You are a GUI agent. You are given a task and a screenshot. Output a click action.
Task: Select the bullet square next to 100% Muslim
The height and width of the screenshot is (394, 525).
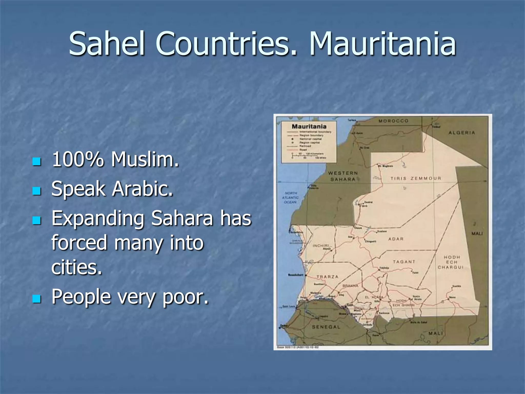tap(37, 161)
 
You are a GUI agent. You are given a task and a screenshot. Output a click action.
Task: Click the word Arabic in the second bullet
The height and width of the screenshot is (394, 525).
tap(143, 189)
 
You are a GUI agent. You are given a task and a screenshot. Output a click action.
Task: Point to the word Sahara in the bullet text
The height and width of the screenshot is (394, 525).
tap(182, 219)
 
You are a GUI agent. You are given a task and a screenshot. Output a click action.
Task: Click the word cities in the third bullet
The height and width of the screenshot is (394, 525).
tap(77, 267)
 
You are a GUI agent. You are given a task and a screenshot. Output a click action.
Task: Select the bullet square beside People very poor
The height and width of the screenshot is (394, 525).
tap(37, 299)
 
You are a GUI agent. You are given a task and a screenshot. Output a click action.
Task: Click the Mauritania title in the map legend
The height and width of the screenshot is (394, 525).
tap(309, 126)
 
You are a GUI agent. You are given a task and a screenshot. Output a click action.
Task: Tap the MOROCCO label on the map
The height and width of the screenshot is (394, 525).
tap(393, 121)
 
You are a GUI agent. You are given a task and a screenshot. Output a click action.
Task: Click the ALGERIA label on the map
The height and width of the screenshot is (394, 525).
tap(462, 133)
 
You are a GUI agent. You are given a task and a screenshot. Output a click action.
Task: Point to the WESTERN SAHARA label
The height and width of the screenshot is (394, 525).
tap(343, 176)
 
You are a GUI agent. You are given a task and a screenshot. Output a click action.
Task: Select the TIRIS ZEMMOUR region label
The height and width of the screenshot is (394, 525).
tap(416, 178)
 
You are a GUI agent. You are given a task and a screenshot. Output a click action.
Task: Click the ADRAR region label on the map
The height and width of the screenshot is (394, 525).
tap(396, 239)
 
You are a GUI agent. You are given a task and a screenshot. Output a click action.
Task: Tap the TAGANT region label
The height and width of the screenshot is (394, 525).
tap(404, 262)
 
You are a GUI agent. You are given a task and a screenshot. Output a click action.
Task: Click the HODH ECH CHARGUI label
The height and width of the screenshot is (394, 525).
tap(451, 262)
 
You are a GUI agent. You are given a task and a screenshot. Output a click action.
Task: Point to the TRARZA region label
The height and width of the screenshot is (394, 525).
tap(328, 277)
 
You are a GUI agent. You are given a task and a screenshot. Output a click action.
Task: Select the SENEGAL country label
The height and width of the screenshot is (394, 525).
tap(326, 327)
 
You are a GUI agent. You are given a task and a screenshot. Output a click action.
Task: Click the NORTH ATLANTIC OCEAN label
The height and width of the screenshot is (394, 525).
tap(290, 198)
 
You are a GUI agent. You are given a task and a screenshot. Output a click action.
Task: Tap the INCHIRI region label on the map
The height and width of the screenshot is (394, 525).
tap(321, 246)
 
